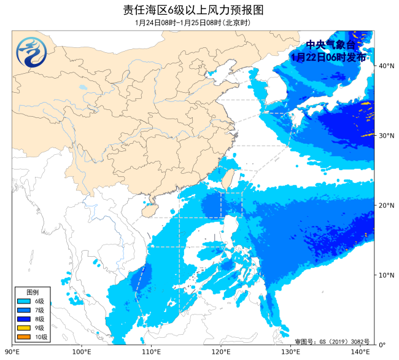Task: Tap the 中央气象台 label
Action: (330, 45)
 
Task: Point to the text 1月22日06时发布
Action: (330, 57)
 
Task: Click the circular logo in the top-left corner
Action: (31, 52)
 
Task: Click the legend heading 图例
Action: (33, 291)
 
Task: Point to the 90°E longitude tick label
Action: (12, 352)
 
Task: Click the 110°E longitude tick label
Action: (151, 352)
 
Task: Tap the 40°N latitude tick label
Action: (386, 65)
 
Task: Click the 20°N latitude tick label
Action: (386, 205)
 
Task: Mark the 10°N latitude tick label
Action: (386, 275)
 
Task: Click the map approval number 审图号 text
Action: (331, 341)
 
